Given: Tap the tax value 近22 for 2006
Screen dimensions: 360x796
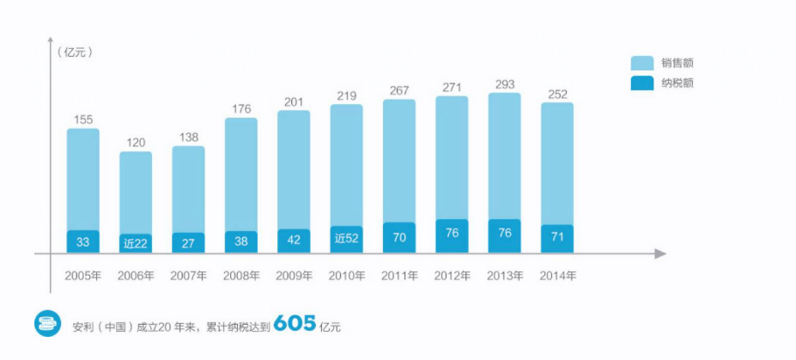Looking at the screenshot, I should (136, 242).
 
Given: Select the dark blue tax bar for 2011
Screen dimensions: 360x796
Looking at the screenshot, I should (399, 237).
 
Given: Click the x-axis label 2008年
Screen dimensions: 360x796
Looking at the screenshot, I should (241, 276).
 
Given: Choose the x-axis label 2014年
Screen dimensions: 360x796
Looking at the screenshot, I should (557, 276).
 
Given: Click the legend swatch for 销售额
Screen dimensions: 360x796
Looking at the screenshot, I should (642, 63).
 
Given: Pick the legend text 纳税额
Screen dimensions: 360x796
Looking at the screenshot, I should (678, 83).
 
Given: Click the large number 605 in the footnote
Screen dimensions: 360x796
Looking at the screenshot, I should (295, 324).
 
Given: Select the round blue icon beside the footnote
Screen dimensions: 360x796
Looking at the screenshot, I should (47, 325).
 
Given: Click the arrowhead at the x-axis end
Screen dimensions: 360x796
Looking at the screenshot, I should (659, 253).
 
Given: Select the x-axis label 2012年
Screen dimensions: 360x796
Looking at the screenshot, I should (452, 276).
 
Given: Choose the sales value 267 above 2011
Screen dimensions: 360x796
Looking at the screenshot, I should (399, 90).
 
